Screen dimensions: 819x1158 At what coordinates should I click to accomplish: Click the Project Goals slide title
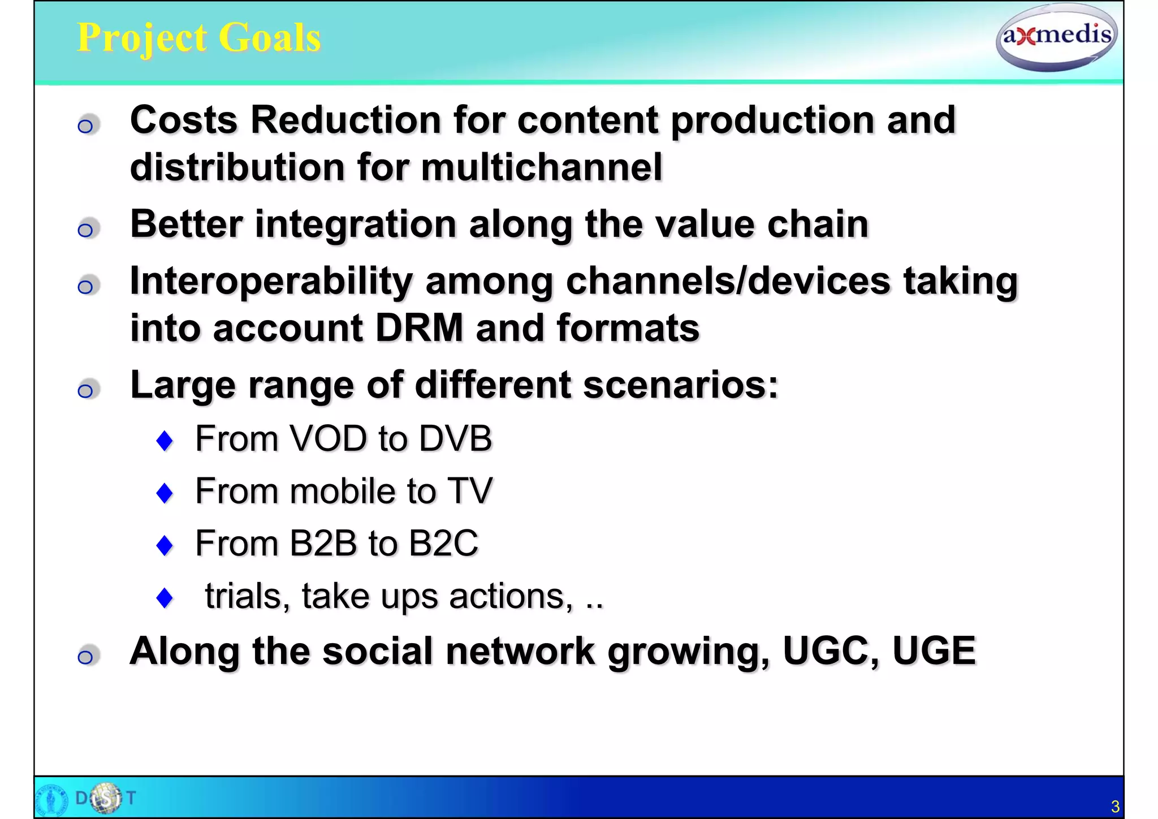198,38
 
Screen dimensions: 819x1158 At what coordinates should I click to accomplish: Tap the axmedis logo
1056,37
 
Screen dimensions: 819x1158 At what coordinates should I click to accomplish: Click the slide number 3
1114,806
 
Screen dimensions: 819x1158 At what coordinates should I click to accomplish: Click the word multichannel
541,167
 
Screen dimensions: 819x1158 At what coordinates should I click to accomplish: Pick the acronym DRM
419,328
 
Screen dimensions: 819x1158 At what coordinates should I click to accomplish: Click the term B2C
443,544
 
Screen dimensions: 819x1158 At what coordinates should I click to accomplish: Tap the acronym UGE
934,651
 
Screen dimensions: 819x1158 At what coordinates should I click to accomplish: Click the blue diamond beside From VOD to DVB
165,441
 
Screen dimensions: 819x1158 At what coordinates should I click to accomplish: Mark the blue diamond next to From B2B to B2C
165,545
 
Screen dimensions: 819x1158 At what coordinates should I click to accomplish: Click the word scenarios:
680,385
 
